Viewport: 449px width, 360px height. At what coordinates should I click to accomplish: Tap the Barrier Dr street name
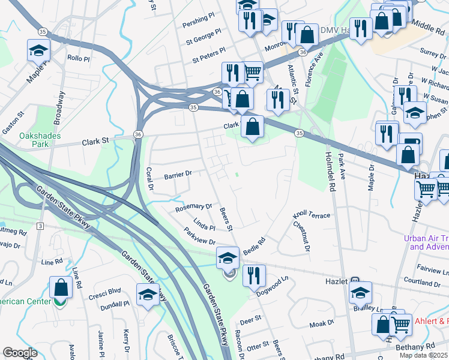tap(177, 175)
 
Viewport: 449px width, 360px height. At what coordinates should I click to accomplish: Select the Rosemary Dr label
tap(193, 208)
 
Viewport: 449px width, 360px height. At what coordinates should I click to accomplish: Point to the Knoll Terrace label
tap(311, 215)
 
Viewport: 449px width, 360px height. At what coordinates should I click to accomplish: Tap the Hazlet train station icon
tap(355, 280)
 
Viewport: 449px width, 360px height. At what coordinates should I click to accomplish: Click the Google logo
tap(20, 353)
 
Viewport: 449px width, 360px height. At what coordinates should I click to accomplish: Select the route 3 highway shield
tap(40, 226)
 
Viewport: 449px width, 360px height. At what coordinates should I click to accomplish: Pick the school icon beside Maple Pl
tap(39, 51)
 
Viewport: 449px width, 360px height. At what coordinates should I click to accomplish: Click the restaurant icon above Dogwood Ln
tap(255, 275)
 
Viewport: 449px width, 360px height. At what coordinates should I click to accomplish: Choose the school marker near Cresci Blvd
tap(148, 295)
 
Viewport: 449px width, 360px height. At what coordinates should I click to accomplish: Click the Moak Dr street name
tap(321, 323)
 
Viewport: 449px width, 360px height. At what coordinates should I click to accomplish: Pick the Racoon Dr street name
tap(239, 340)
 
